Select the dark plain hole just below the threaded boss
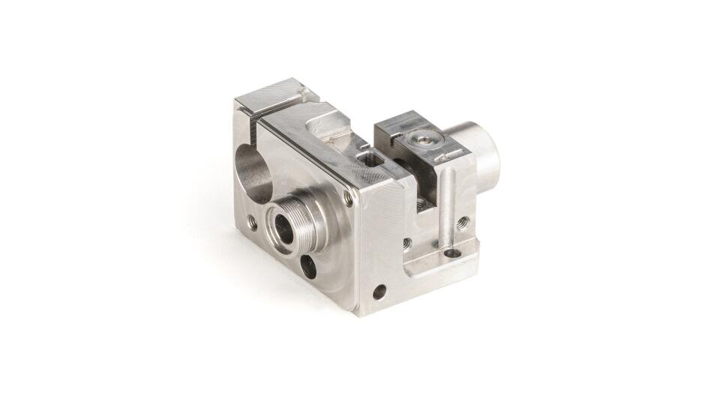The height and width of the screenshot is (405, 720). [x=307, y=263]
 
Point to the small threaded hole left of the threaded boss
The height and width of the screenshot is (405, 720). [x=252, y=222]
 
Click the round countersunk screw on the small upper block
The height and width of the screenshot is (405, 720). [x=421, y=138]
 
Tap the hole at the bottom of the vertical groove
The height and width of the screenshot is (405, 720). [x=452, y=253]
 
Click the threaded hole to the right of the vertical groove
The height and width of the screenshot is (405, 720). [x=463, y=221]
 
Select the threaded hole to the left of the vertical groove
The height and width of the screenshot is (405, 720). [x=406, y=243]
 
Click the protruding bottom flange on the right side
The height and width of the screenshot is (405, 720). [x=442, y=259]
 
